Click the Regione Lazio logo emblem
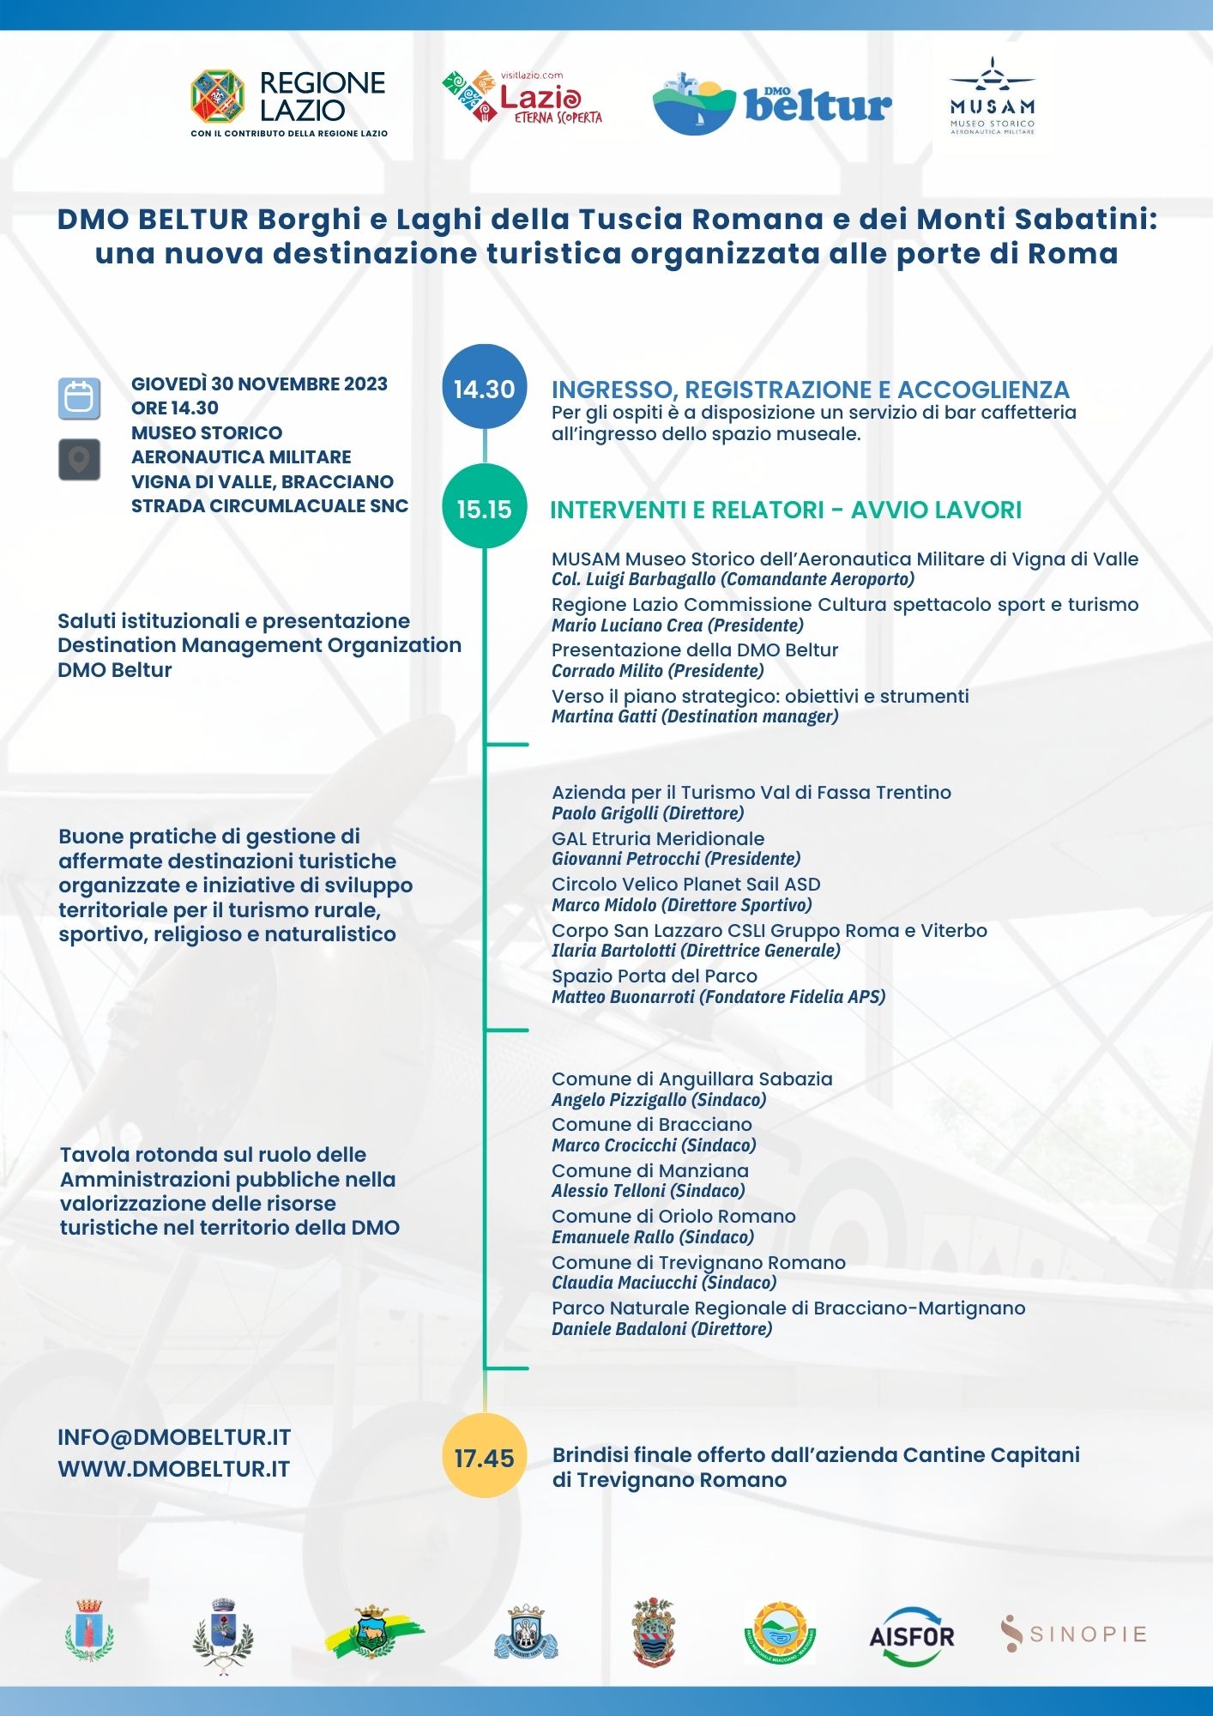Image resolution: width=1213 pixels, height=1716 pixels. pyautogui.click(x=218, y=96)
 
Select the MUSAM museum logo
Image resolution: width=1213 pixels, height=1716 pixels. pyautogui.click(x=992, y=96)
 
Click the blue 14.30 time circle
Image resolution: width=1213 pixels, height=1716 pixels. pyautogui.click(x=484, y=389)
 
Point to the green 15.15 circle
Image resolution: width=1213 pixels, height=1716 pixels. pyautogui.click(x=484, y=509)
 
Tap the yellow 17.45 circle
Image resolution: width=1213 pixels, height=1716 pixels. pyautogui.click(x=484, y=1458)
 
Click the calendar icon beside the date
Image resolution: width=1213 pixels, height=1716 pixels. pyautogui.click(x=79, y=399)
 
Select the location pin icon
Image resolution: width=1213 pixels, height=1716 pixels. pyautogui.click(x=79, y=460)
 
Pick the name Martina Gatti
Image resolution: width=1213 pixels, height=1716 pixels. pyautogui.click(x=604, y=716)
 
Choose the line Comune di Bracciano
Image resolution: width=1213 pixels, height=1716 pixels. pyautogui.click(x=651, y=1124)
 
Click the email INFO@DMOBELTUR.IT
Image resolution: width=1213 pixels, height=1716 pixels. pyautogui.click(x=174, y=1437)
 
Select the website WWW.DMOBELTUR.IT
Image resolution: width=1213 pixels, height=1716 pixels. pyautogui.click(x=173, y=1469)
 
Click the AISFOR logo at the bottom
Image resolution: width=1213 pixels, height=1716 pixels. pyautogui.click(x=911, y=1636)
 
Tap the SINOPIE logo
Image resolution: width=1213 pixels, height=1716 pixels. pyautogui.click(x=1073, y=1634)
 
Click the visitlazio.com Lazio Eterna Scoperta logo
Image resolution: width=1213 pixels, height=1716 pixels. pyautogui.click(x=522, y=98)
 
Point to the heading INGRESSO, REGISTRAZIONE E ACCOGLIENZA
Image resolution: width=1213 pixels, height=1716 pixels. pyautogui.click(x=810, y=390)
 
